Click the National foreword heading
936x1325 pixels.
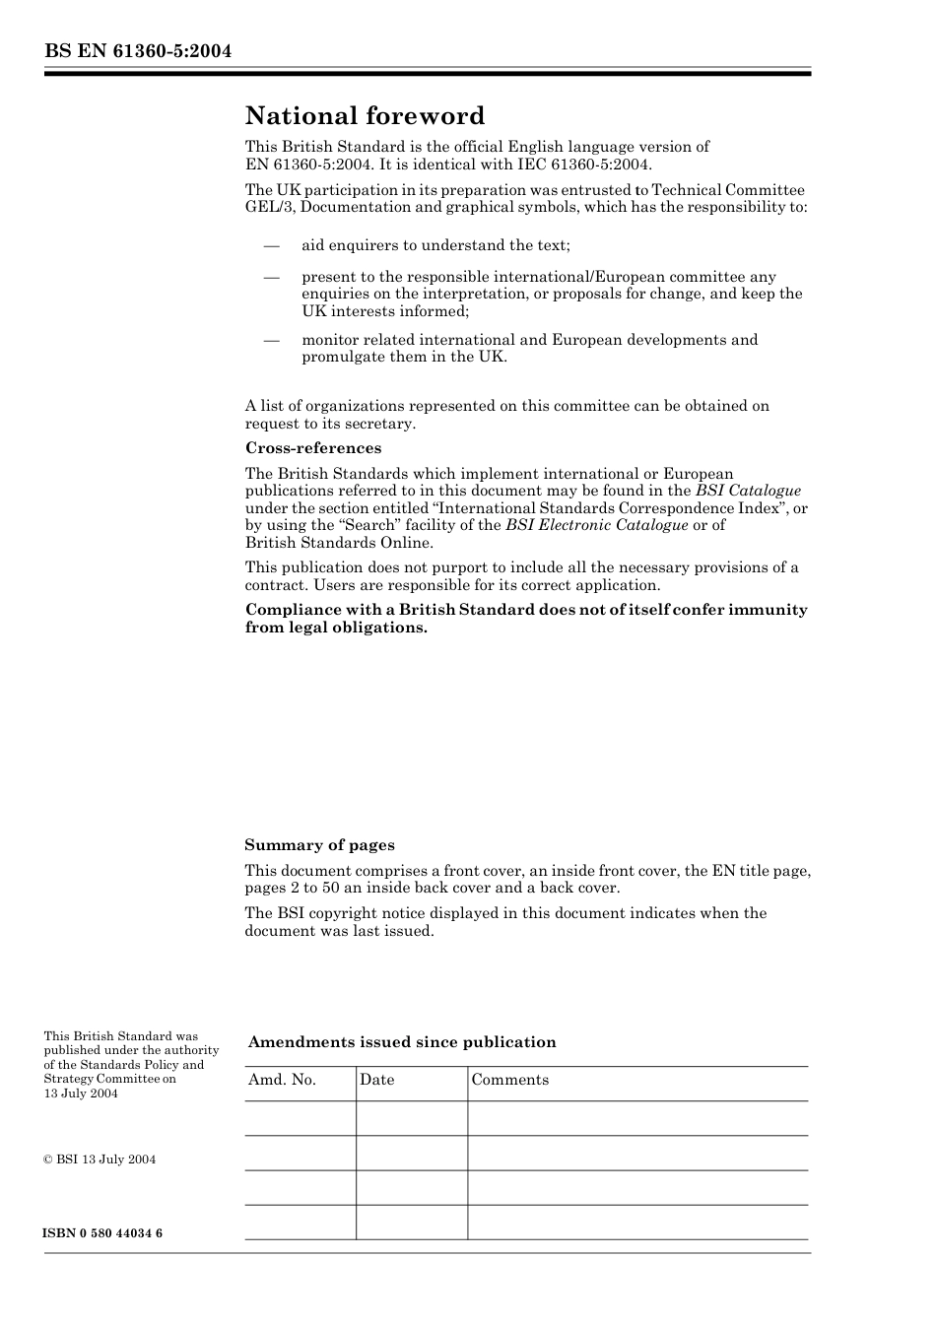pos(365,116)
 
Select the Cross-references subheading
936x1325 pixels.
pos(313,448)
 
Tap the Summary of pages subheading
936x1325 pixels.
pos(319,845)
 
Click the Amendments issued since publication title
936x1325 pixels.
pos(402,1042)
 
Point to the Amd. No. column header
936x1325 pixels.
pos(283,1080)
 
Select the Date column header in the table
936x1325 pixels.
pos(376,1080)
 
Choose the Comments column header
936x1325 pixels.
pos(510,1080)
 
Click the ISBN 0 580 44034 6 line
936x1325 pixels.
pos(103,1233)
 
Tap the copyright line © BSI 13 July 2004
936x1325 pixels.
pos(100,1159)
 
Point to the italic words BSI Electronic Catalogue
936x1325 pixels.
pos(597,525)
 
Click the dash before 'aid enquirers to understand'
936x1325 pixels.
pos(272,245)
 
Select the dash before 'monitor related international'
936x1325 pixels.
pos(272,340)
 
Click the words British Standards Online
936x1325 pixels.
pos(339,543)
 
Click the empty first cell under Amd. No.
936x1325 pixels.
pos(300,1118)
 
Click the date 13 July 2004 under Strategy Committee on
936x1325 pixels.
pos(81,1093)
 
